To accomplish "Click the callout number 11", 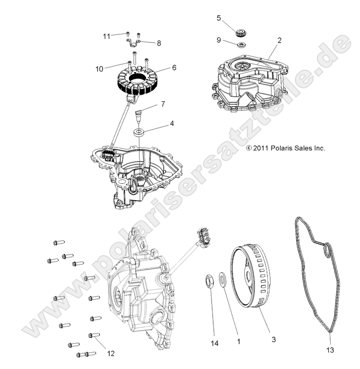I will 106,36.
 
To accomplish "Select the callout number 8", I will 159,44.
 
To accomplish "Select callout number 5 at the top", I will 218,18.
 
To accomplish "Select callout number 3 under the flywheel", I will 274,340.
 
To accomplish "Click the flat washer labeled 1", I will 222,279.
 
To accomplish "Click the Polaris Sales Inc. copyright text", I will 285,148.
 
